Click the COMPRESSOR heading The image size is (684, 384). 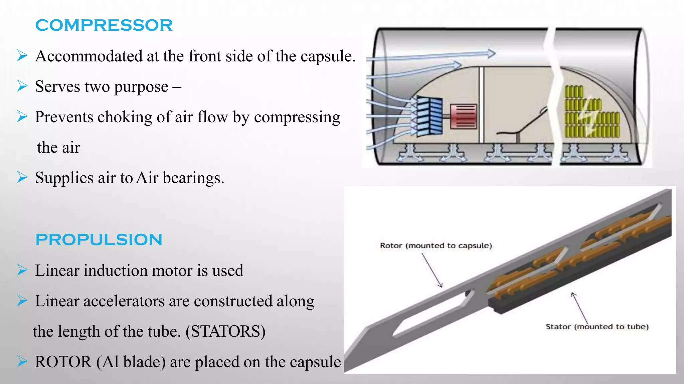[104, 25]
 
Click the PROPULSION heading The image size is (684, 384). [99, 240]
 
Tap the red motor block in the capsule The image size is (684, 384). [463, 116]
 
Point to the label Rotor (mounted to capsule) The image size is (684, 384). [436, 246]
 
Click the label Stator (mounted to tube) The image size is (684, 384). [597, 327]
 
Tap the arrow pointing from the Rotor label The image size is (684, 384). [432, 270]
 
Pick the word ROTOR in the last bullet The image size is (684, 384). [63, 362]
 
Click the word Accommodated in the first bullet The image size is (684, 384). [89, 56]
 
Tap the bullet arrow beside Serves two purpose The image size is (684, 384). [22, 86]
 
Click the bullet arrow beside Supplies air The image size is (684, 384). [22, 177]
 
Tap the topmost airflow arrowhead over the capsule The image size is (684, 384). [491, 53]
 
